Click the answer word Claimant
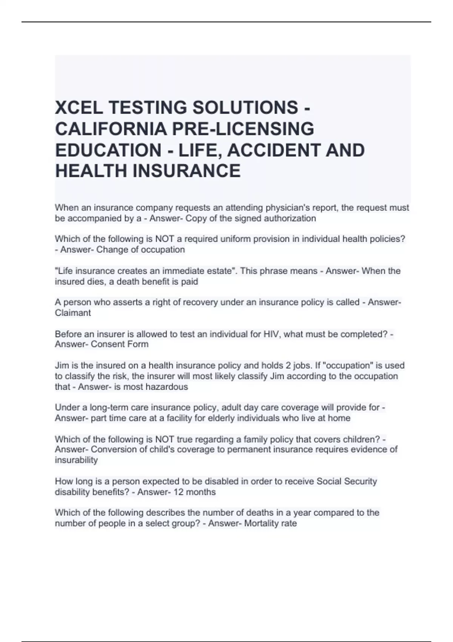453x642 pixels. (x=73, y=313)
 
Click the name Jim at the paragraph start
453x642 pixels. (x=62, y=366)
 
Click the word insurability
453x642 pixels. (x=76, y=460)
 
